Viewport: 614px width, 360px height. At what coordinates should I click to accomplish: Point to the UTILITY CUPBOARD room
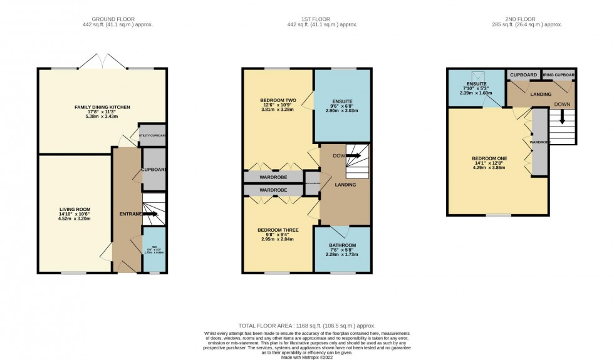[152, 135]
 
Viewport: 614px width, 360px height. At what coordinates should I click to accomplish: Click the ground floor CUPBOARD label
[153, 169]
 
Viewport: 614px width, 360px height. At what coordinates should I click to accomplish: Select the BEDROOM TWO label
[278, 100]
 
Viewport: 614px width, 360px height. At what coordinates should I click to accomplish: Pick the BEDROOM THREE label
[278, 230]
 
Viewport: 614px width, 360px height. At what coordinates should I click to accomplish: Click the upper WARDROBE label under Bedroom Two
[273, 177]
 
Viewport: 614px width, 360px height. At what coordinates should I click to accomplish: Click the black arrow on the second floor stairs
[562, 118]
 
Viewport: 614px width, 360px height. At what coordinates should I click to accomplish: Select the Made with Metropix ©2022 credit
[306, 356]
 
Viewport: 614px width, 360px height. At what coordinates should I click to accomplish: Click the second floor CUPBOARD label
[523, 75]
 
